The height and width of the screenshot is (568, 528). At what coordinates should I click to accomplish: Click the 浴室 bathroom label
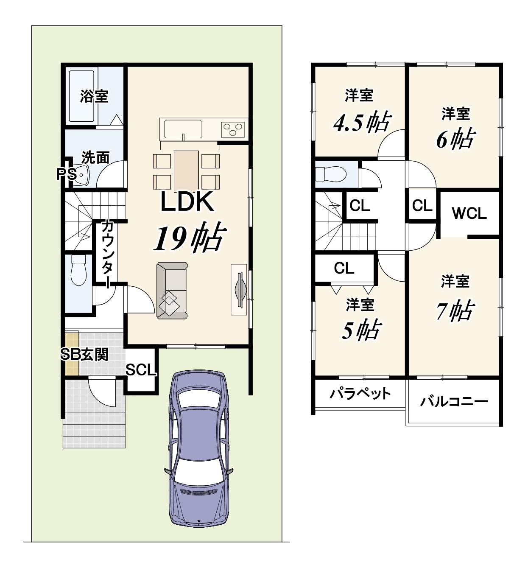tap(94, 96)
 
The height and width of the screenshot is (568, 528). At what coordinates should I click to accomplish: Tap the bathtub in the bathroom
tap(81, 96)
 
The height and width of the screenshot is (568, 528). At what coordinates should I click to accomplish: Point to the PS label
tap(67, 174)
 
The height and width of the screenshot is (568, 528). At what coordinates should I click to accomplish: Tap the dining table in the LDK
tap(186, 171)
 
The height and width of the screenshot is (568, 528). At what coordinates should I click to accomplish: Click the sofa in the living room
tap(172, 291)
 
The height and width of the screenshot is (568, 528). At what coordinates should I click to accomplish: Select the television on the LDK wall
tap(240, 289)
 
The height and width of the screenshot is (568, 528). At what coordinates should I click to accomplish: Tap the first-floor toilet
tap(78, 270)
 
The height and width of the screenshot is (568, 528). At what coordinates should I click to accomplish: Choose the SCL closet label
tap(141, 370)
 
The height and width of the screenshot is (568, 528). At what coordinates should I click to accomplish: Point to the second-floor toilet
tap(331, 174)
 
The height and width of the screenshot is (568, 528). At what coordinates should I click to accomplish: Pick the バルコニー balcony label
tap(454, 402)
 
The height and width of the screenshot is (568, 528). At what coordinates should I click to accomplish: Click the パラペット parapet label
tap(360, 394)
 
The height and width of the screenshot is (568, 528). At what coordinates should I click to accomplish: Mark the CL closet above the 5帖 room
tap(344, 268)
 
